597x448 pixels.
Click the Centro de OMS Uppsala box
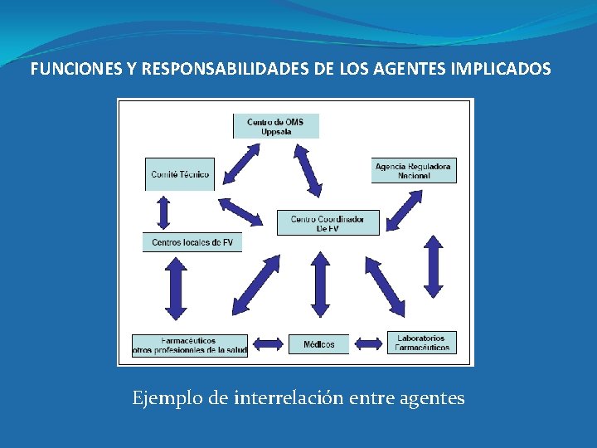275,126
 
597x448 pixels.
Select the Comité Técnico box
179,174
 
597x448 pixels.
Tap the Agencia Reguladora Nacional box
413,171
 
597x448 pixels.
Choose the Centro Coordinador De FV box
328,223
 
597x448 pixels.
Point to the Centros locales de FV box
192,242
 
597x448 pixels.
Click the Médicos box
318,343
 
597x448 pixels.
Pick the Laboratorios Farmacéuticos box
421,343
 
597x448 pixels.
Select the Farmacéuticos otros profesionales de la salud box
190,345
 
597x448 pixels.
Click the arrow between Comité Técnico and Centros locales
163,212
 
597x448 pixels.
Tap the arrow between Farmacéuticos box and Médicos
268,343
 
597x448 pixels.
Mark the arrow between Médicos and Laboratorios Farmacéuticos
368,343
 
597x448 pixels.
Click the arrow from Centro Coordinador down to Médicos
319,285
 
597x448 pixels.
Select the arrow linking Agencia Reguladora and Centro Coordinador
405,209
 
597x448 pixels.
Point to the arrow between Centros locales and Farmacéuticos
176,288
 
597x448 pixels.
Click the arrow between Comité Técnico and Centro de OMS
243,161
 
